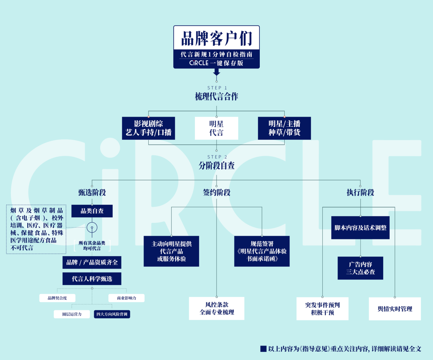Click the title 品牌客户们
point(216,38)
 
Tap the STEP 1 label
point(217,88)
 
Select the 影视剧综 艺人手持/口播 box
point(149,128)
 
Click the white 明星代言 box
point(216,128)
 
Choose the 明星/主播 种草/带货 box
point(284,128)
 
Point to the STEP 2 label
point(217,157)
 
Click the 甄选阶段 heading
point(92,192)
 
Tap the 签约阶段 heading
point(216,192)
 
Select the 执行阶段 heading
point(360,192)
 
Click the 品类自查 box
point(92,211)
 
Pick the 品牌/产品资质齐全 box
point(92,262)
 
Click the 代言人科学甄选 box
point(92,279)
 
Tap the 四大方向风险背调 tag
point(112,314)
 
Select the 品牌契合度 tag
point(57,298)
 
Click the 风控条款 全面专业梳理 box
point(216,308)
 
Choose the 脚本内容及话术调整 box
point(360,228)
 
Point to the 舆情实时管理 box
point(395,309)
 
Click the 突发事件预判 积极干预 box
point(322,309)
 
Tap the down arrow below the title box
point(217,72)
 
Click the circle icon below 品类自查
point(92,222)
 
